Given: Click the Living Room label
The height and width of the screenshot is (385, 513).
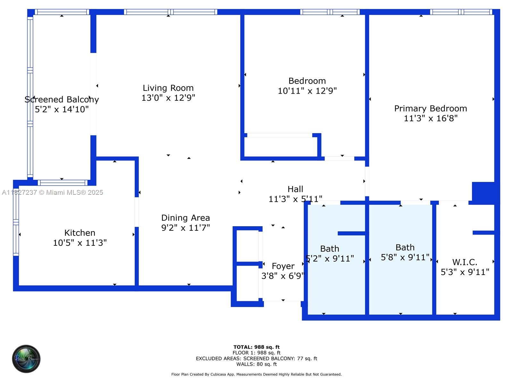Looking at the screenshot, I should pyautogui.click(x=168, y=88).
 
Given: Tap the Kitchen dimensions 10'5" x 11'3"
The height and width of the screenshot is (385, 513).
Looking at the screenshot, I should pyautogui.click(x=80, y=243).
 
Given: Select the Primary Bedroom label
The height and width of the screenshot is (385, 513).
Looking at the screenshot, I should pyautogui.click(x=430, y=108).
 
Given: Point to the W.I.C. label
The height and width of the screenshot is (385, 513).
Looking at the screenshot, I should pyautogui.click(x=465, y=262).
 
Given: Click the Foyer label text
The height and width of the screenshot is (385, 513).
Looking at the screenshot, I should pyautogui.click(x=283, y=266).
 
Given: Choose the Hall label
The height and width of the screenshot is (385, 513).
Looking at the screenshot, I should pyautogui.click(x=295, y=189).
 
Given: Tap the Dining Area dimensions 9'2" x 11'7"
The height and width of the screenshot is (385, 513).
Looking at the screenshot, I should pyautogui.click(x=185, y=228).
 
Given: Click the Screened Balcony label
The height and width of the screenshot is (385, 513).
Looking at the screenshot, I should pyautogui.click(x=62, y=99).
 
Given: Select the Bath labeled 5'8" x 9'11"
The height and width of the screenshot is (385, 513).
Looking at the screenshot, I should pyautogui.click(x=405, y=247).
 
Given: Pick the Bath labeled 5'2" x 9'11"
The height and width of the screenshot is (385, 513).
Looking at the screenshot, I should pyautogui.click(x=330, y=249).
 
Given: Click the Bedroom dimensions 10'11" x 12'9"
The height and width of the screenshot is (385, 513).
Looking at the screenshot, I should pyautogui.click(x=307, y=91).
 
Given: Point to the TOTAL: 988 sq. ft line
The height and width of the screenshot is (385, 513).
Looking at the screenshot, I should pyautogui.click(x=256, y=347).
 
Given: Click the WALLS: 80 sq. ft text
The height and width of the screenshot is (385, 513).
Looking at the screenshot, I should pyautogui.click(x=256, y=364).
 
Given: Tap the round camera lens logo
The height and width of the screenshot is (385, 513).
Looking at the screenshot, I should pyautogui.click(x=26, y=359).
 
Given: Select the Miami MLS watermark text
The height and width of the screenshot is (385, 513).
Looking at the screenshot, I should pyautogui.click(x=53, y=193).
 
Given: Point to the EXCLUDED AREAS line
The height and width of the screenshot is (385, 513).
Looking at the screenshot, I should pyautogui.click(x=256, y=358).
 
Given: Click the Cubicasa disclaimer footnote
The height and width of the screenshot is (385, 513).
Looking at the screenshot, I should pyautogui.click(x=256, y=374).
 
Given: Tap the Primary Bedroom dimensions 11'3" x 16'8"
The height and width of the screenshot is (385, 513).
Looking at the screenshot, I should pyautogui.click(x=430, y=118).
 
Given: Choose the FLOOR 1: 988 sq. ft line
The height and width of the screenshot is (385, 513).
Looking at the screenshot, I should pyautogui.click(x=256, y=353).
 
